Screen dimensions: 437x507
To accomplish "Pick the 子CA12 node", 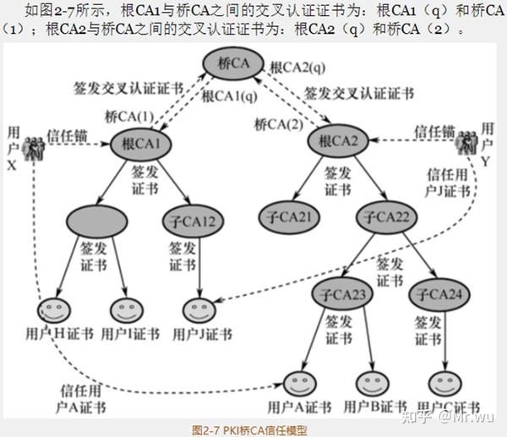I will [x=198, y=221].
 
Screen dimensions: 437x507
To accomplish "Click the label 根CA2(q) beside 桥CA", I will [x=297, y=66].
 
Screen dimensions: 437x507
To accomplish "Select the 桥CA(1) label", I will [x=128, y=117].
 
